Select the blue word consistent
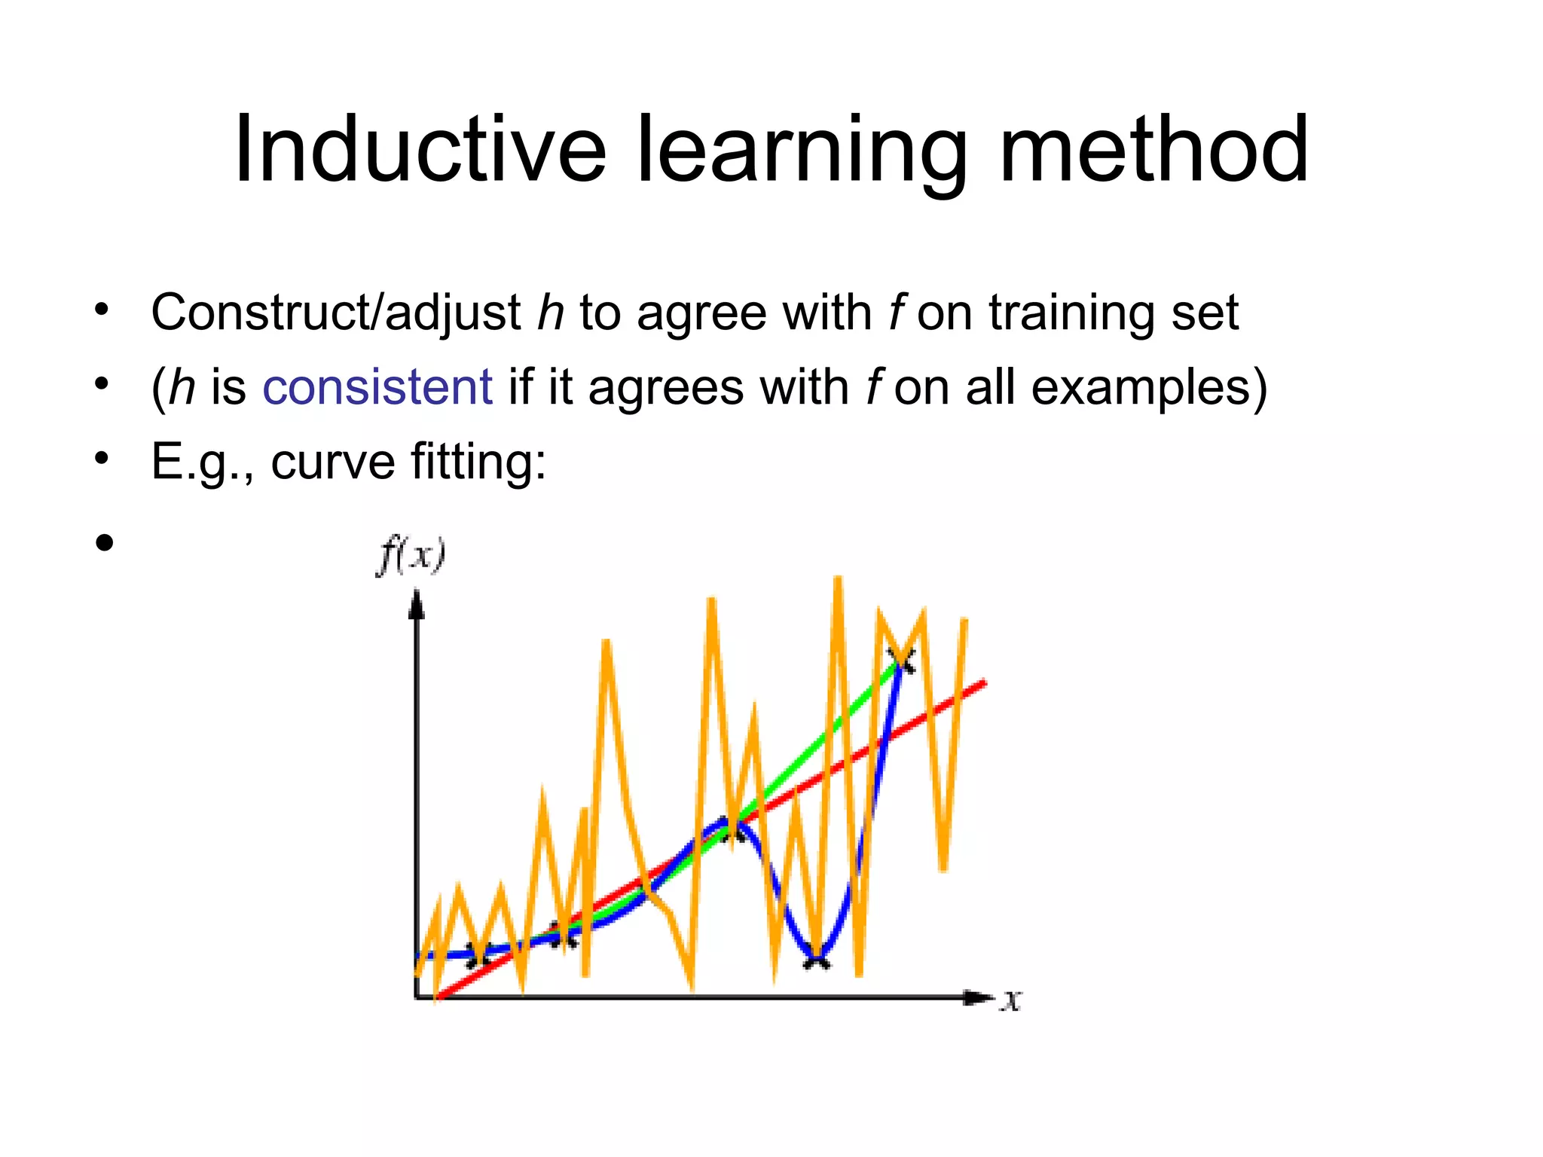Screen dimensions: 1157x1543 click(377, 387)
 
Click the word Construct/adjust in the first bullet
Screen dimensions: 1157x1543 click(336, 313)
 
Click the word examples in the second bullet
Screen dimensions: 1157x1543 click(1148, 389)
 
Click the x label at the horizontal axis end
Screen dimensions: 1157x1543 click(1011, 1000)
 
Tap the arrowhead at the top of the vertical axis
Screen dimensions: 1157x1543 click(416, 606)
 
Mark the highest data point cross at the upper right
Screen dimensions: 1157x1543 click(901, 660)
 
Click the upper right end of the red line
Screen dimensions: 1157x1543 click(982, 683)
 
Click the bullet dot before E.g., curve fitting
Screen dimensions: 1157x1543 click(102, 457)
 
